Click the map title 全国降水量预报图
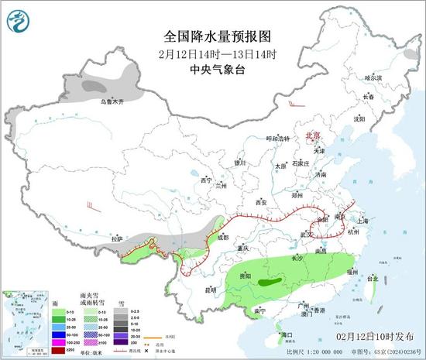click(x=214, y=36)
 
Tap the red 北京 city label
click(x=313, y=134)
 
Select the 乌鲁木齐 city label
click(x=111, y=101)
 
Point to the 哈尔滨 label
click(x=373, y=77)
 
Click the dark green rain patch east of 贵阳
click(x=270, y=283)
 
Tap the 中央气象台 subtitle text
click(x=214, y=68)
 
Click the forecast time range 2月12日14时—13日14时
click(x=214, y=53)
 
